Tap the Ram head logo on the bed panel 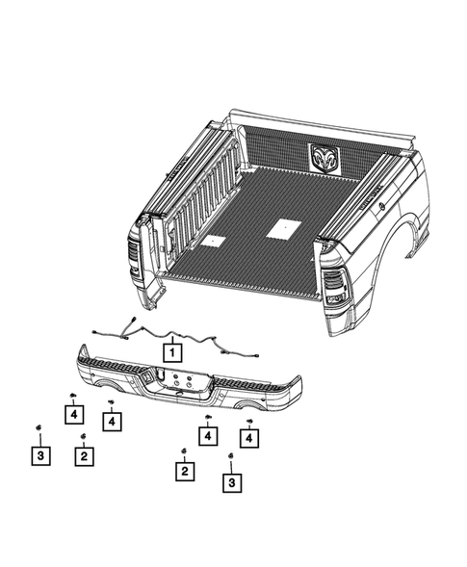tap(326, 157)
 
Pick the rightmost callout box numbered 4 tap(250, 439)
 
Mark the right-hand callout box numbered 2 tap(182, 472)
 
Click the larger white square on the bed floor tap(281, 228)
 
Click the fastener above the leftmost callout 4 tap(72, 397)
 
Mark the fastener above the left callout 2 tap(84, 436)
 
